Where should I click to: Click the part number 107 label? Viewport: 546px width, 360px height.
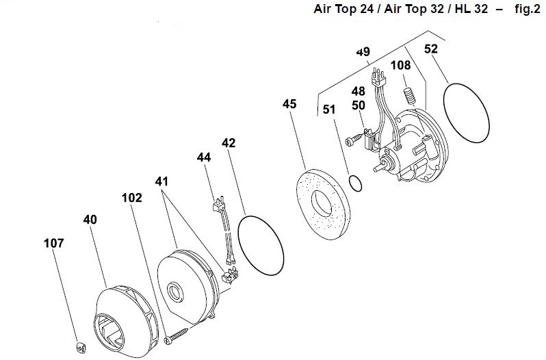click(54, 243)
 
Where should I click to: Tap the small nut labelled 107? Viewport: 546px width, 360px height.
click(81, 347)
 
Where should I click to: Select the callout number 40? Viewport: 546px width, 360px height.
click(90, 220)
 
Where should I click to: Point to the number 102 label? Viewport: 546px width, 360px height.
click(132, 198)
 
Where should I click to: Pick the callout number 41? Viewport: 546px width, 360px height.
click(161, 181)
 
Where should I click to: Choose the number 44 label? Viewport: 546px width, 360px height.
click(204, 157)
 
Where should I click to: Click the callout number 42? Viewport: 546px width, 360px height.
click(229, 143)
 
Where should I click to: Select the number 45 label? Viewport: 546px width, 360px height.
click(289, 104)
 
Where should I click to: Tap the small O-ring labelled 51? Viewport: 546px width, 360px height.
click(355, 183)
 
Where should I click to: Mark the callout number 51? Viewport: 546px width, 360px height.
click(329, 110)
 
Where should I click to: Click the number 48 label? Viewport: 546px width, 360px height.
click(359, 91)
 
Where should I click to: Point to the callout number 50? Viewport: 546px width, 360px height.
click(359, 105)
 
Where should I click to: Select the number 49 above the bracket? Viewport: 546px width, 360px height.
click(363, 52)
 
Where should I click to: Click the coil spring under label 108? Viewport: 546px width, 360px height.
click(410, 96)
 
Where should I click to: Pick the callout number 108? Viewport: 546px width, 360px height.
click(401, 65)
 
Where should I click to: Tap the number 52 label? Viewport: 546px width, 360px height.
click(431, 49)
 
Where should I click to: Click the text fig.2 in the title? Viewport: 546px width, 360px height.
click(528, 9)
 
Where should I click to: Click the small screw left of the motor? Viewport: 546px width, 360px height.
click(354, 138)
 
